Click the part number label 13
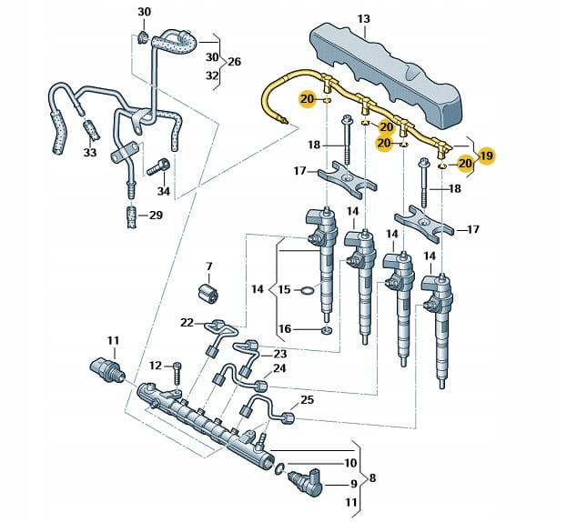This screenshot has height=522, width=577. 364,18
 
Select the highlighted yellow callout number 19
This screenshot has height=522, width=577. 487,156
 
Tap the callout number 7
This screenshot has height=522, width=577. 208,266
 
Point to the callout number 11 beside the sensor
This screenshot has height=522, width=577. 113,341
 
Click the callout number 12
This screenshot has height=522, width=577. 156,366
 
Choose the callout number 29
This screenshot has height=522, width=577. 156,215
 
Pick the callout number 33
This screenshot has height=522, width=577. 89,153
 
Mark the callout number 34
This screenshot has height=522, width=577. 163,191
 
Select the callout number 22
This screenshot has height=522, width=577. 187,323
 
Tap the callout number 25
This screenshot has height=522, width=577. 307,400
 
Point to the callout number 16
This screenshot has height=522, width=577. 284,328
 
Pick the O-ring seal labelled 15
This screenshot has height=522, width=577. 309,291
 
